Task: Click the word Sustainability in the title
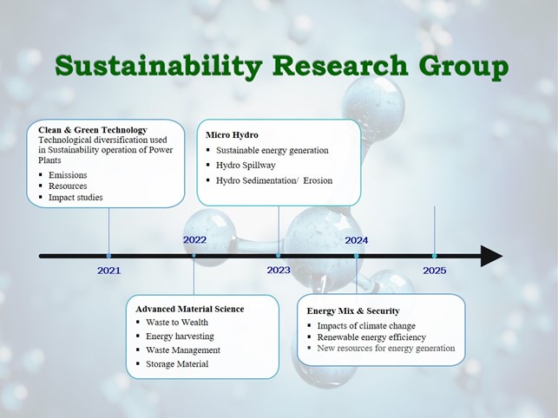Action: point(159,66)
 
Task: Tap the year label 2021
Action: point(108,271)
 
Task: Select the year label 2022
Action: point(194,240)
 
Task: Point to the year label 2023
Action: point(279,271)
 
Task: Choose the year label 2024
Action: point(356,240)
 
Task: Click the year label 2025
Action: point(435,271)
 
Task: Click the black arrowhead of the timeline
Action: point(491,256)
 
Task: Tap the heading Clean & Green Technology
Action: point(93,130)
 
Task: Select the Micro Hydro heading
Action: point(232,134)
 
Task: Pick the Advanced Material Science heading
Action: point(190,309)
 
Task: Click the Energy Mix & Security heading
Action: point(353,311)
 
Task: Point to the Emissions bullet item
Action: point(68,175)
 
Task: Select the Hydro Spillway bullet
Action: point(246,166)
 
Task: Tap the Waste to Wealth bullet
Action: point(177,323)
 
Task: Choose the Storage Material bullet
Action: point(177,364)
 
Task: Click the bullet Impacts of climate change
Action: point(366,326)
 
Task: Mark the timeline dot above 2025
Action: point(434,256)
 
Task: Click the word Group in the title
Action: point(463,67)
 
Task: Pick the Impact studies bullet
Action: point(75,198)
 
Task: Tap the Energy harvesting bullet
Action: point(180,336)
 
